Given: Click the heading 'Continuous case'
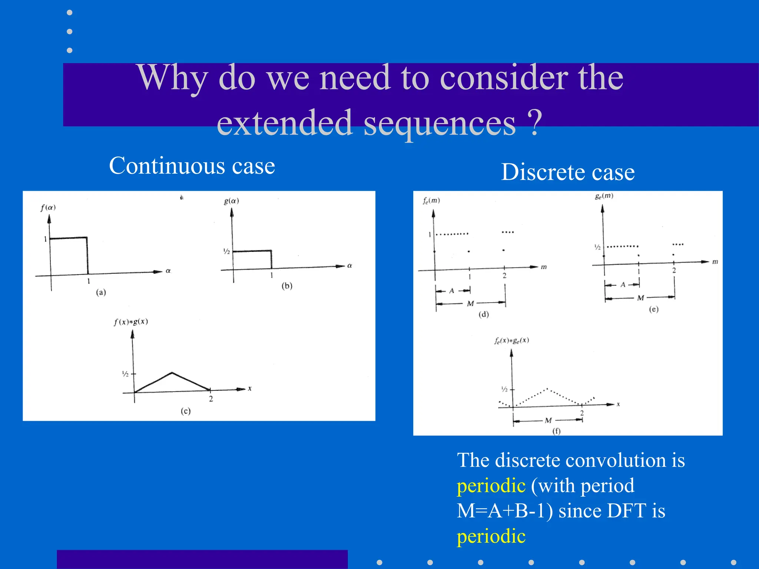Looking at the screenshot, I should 192,166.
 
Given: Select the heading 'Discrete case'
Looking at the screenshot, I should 568,172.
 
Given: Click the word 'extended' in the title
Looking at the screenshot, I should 284,123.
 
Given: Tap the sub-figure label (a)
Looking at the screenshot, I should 101,292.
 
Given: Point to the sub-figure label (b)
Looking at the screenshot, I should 287,286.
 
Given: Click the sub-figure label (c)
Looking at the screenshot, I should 185,411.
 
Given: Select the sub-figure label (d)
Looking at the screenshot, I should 484,315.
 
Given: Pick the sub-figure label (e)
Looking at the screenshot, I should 653,309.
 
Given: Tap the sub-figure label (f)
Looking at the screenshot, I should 556,431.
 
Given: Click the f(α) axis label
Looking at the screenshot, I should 48,207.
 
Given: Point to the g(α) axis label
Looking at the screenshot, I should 231,201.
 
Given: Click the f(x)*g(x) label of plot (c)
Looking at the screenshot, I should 131,322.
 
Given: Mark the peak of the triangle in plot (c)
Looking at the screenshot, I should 172,373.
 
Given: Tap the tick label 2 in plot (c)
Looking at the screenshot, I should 211,399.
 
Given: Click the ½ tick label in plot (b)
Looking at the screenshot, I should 226,252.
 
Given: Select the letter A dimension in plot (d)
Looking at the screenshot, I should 452,291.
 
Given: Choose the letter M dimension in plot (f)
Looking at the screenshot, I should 548,420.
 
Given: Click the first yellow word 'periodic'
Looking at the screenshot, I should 491,486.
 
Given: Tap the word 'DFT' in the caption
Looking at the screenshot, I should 626,511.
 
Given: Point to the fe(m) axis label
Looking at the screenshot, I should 431,201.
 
